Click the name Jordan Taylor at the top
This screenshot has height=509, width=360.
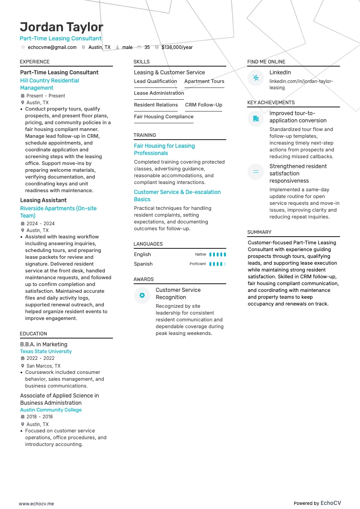62,27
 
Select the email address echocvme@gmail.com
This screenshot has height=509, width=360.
52,47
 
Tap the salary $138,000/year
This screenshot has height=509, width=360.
177,47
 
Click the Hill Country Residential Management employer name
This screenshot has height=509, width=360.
49,84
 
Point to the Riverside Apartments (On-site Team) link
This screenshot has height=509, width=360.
58,212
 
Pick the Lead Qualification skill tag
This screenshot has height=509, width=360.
156,82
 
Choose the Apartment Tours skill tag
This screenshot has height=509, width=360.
204,82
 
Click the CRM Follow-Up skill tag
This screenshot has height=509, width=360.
204,105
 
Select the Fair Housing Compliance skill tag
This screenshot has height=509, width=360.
164,117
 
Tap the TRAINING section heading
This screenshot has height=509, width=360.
145,135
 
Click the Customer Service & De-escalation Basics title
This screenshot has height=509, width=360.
177,196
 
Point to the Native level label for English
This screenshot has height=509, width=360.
200,255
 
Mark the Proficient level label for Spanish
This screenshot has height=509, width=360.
198,264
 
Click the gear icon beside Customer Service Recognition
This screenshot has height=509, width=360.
142,296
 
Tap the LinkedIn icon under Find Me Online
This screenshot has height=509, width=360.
256,78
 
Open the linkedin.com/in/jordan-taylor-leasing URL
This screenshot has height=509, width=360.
301,84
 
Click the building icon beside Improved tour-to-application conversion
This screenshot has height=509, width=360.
256,119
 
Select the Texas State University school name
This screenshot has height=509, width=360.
46,351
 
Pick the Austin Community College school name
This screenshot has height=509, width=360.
51,410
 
